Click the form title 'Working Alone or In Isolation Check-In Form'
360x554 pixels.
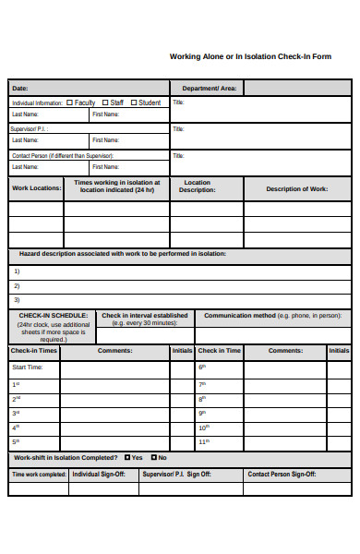[250, 56]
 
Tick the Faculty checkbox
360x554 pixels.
[71, 102]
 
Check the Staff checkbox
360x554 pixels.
[106, 102]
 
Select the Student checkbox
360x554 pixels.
[135, 102]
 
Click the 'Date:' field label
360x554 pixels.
[19, 89]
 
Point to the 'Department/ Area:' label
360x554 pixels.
[209, 89]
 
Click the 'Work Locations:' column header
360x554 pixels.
[36, 188]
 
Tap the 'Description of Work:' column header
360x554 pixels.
[296, 188]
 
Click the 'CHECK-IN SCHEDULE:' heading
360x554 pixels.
[54, 315]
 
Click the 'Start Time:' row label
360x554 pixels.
[27, 367]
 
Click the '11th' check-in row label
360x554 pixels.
[204, 441]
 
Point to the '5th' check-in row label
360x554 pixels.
[16, 441]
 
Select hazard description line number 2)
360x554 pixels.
[16, 285]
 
